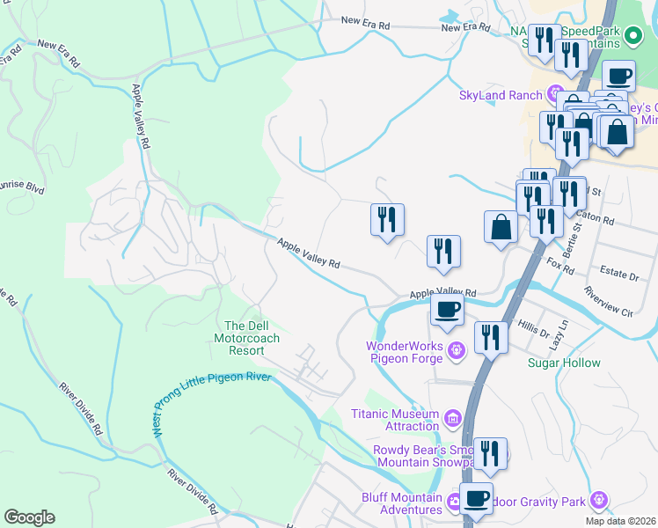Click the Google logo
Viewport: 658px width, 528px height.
(x=30, y=517)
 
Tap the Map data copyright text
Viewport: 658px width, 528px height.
(x=621, y=521)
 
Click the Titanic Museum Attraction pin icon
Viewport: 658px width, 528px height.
(x=452, y=416)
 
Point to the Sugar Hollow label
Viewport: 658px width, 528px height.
(x=564, y=363)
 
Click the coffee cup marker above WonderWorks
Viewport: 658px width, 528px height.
(x=447, y=310)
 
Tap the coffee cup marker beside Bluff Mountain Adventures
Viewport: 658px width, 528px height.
(x=477, y=497)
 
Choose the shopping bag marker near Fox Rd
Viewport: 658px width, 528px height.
(x=501, y=227)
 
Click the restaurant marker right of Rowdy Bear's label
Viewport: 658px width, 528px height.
(x=490, y=453)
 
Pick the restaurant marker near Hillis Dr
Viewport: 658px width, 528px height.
(x=490, y=337)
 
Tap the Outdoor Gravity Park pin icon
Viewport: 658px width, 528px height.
(x=600, y=500)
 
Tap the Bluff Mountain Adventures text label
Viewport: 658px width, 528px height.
(x=402, y=503)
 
